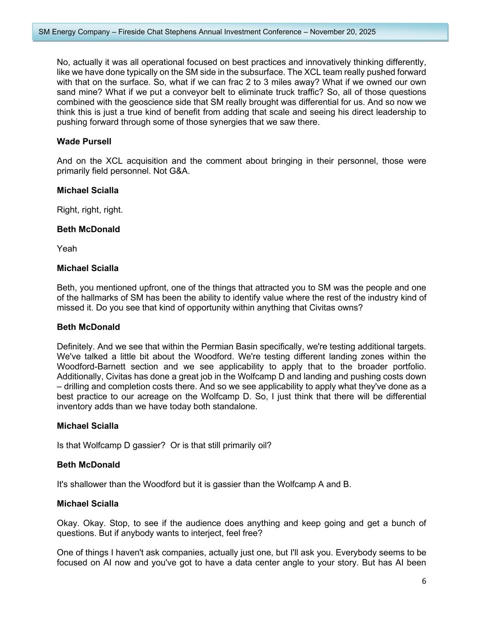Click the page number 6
click(x=423, y=581)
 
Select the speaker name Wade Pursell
click(x=84, y=141)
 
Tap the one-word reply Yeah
click(x=67, y=249)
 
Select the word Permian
click(x=221, y=347)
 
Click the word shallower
click(x=87, y=484)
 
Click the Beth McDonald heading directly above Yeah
click(x=88, y=229)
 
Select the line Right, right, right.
click(x=90, y=210)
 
